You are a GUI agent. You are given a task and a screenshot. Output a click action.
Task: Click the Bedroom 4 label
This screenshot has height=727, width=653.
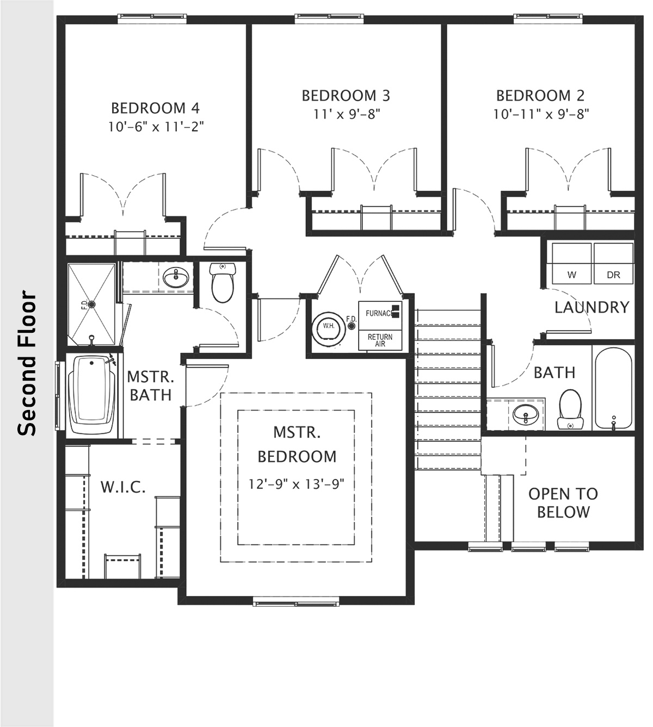(155, 107)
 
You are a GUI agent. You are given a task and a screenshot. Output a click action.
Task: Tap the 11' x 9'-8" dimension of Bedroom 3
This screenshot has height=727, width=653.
(346, 114)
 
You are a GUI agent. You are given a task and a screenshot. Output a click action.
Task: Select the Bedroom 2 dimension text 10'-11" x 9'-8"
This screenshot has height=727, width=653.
(541, 114)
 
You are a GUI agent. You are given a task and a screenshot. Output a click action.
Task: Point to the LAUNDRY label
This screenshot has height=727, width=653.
(592, 308)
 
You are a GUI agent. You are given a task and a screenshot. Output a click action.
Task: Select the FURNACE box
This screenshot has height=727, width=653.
(380, 313)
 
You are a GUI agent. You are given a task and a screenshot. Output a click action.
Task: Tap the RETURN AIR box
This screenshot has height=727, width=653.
(380, 340)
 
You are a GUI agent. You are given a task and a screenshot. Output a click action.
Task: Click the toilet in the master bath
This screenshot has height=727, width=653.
(222, 283)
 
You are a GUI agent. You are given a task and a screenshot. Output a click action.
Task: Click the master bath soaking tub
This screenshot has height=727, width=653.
(93, 395)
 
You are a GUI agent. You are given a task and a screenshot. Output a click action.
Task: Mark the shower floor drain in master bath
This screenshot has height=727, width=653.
(91, 305)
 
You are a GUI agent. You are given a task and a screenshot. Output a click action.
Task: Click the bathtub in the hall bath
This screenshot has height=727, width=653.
(613, 390)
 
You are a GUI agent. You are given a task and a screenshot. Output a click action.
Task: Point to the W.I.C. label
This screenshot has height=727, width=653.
(122, 487)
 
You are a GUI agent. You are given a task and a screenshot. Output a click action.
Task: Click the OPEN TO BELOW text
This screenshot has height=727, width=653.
(563, 503)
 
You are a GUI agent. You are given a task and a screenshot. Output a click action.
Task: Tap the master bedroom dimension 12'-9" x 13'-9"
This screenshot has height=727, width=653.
(297, 484)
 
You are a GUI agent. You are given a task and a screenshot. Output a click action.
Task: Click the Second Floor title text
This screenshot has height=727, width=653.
(27, 364)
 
